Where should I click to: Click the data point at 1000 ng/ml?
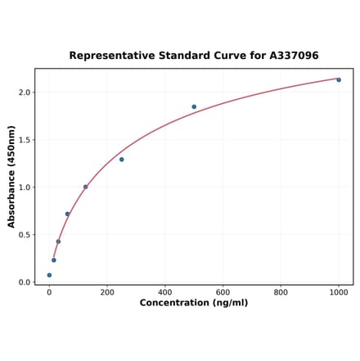(x=339, y=79)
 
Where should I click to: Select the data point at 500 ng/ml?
(x=194, y=106)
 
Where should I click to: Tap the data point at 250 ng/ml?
(x=121, y=159)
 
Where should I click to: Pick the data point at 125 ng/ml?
(x=85, y=187)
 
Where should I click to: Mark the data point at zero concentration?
(x=49, y=275)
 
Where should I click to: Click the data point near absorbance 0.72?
(x=67, y=214)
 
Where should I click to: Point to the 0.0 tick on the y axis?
(x=25, y=282)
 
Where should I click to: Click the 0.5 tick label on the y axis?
(x=25, y=235)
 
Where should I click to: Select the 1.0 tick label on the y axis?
(x=25, y=187)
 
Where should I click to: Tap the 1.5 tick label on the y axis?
(x=25, y=140)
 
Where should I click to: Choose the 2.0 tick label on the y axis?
(x=25, y=93)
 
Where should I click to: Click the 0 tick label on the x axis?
(x=49, y=292)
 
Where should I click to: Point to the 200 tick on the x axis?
(x=107, y=292)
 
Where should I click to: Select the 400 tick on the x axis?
(x=165, y=292)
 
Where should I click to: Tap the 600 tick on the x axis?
(x=223, y=292)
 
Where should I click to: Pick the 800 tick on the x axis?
(x=281, y=292)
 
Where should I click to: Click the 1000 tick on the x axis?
(x=339, y=292)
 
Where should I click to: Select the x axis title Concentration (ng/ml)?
(x=194, y=303)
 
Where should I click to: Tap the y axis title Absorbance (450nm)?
(x=11, y=176)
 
